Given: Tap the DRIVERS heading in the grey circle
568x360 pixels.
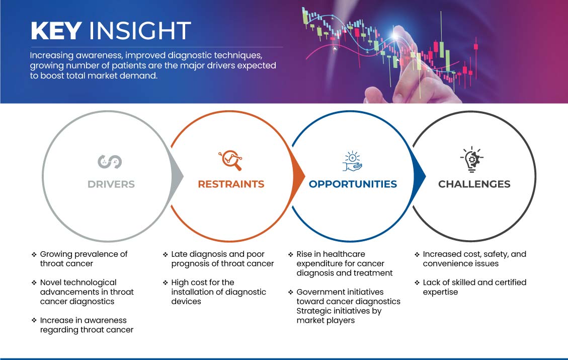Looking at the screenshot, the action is [111, 184].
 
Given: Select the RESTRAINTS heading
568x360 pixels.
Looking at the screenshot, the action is [231, 184].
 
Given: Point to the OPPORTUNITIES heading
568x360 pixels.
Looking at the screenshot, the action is [353, 184].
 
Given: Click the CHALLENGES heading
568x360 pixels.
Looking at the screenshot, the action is [474, 184].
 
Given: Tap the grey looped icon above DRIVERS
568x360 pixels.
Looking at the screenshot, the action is [110, 162].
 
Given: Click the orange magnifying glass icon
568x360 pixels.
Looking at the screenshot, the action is [230, 160].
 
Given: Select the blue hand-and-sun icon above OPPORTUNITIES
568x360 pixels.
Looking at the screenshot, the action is [352, 161].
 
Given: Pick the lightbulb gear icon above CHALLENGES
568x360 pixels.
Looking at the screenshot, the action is [472, 159].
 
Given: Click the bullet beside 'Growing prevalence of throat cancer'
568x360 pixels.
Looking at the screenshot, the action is [34, 254].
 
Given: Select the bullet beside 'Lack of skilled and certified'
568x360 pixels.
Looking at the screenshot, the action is [417, 283].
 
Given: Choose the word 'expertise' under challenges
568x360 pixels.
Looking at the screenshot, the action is [441, 292].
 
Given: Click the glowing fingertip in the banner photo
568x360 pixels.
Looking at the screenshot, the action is [395, 35].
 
